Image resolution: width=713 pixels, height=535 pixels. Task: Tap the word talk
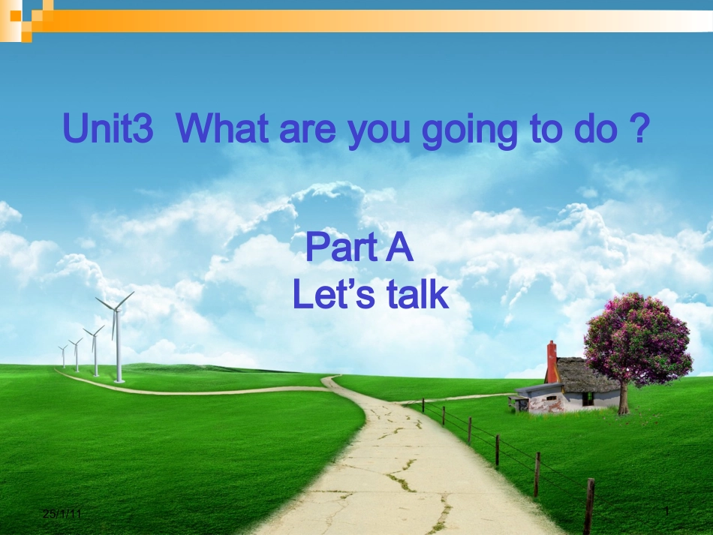point(417,295)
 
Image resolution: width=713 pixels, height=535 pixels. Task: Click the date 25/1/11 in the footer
point(62,513)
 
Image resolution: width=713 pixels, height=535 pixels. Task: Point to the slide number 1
point(666,511)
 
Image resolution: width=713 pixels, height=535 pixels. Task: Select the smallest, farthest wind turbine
point(63,356)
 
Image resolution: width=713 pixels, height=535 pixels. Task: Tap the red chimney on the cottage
point(552,362)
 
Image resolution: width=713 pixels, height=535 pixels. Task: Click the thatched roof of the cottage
point(587,373)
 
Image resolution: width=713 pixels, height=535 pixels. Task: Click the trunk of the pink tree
point(622,398)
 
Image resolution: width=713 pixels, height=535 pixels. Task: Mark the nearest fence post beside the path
point(589,506)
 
